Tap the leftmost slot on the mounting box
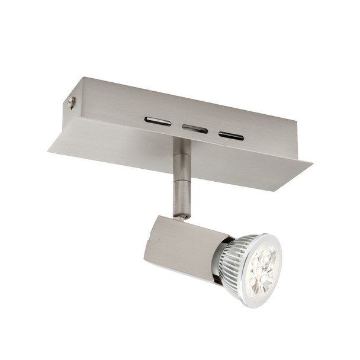click(157, 121)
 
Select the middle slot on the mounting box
click(195, 128)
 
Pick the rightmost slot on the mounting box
click(231, 136)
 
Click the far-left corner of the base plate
click(50, 148)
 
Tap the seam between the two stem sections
click(181, 181)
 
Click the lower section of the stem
click(181, 198)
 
